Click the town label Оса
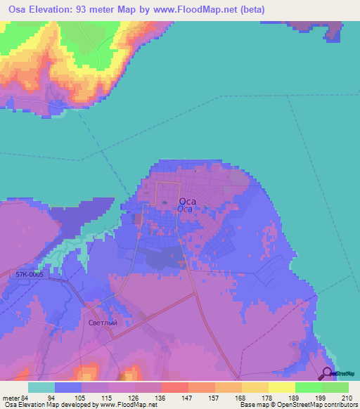[x=187, y=200]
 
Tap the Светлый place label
[x=101, y=323]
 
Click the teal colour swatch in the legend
[x=41, y=387]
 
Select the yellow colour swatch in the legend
[x=281, y=387]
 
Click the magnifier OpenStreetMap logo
[x=327, y=374]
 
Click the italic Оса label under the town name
[x=185, y=209]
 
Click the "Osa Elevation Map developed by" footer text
[x=49, y=405]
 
